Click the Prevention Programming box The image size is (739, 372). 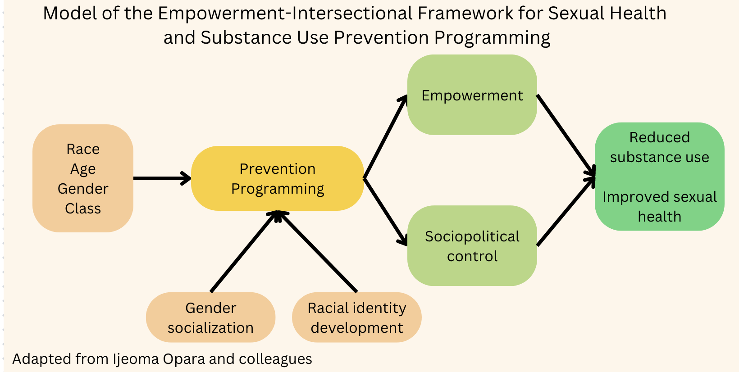tap(277, 178)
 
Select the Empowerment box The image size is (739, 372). tap(472, 95)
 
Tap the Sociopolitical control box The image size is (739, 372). tap(472, 246)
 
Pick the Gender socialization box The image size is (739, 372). tap(210, 318)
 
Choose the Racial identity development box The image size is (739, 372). tap(356, 318)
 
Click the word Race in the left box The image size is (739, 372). tap(83, 149)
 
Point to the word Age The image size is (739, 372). tap(83, 169)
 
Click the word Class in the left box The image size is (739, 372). tap(83, 209)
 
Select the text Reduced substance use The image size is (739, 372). tap(659, 147)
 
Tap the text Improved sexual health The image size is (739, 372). tap(659, 207)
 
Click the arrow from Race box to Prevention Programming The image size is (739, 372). tap(161, 178)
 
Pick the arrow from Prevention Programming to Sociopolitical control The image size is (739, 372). tap(385, 212)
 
